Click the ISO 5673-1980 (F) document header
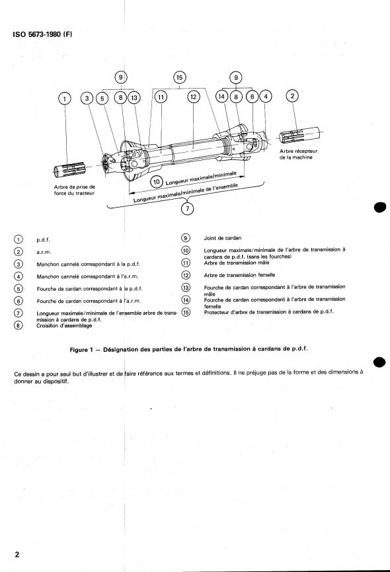pos(43,34)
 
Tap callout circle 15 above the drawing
pos(179,77)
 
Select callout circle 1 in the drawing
pos(65,99)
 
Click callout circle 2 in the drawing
pos(292,96)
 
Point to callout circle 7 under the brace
pos(187,209)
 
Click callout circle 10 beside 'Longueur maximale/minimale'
pos(157,182)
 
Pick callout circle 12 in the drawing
pos(193,97)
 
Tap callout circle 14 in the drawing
pos(221,97)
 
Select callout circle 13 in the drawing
pos(134,97)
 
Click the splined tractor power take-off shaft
pos(69,169)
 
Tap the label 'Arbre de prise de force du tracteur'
pos(74,190)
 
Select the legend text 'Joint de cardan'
pos(222,238)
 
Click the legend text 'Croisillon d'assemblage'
pos(64,326)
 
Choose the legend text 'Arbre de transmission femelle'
pos(239,275)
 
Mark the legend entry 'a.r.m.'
pos(44,252)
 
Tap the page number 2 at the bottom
pos(17,555)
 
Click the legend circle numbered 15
pos(186,312)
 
